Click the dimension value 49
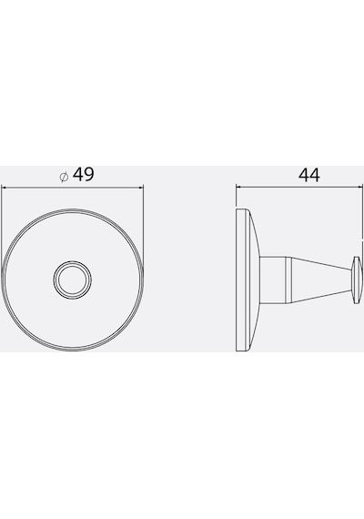click(x=84, y=175)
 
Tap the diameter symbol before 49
click(x=64, y=177)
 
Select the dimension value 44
click(x=309, y=176)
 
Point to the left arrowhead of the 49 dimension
click(x=4, y=188)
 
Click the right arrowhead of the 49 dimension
click(x=141, y=188)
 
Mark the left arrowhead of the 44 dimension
click(x=238, y=188)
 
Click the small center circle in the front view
click(x=73, y=280)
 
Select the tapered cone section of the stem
click(x=321, y=280)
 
